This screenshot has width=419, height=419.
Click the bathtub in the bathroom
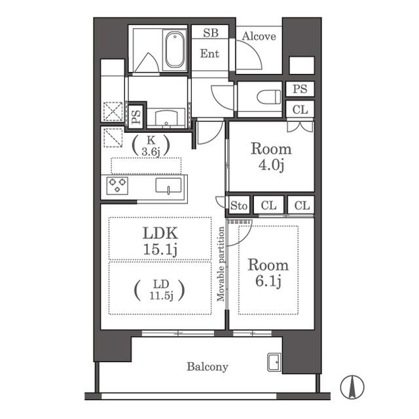175,50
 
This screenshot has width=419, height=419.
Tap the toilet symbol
269,97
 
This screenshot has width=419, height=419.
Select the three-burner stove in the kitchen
117,185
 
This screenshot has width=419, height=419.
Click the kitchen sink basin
169,185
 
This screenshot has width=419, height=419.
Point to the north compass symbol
352,387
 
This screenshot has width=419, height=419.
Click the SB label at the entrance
211,33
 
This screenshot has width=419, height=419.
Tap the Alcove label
259,37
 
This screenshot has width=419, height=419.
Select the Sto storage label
239,206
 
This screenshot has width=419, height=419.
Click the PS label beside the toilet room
300,89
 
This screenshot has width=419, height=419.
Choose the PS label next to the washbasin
136,117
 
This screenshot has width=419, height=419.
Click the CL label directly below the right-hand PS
300,109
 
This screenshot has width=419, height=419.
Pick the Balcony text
208,367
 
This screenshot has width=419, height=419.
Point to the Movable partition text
221,264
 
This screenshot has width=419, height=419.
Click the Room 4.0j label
271,156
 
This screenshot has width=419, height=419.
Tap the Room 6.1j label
268,272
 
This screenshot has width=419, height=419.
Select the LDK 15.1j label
160,241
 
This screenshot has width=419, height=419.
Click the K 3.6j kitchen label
151,146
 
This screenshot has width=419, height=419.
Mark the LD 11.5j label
160,290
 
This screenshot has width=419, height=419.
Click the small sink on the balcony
274,362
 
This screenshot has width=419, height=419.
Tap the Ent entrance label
209,54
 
